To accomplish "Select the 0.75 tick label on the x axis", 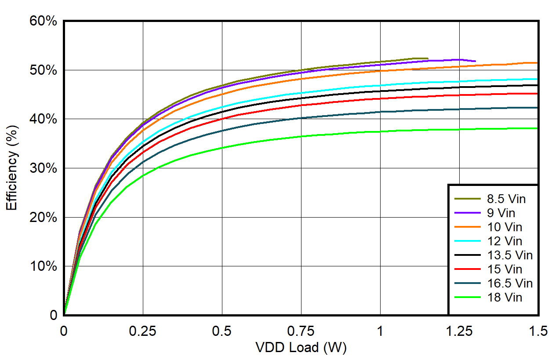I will click(301, 331).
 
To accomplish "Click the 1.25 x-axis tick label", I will click(459, 331).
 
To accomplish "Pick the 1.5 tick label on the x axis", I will click(538, 331).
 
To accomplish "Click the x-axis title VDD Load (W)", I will click(301, 348).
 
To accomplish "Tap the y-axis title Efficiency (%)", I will click(12, 168).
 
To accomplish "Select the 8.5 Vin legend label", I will click(506, 199).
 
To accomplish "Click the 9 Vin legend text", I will click(501, 213).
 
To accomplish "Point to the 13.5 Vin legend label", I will click(509, 255).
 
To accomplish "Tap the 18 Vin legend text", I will click(504, 298).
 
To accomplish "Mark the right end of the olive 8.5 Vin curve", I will click(428, 58).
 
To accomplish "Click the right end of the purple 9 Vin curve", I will click(475, 61).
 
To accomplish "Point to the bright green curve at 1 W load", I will click(381, 131).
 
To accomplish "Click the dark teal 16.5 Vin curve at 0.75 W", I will click(301, 118).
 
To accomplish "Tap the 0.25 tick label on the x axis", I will click(142, 331).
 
